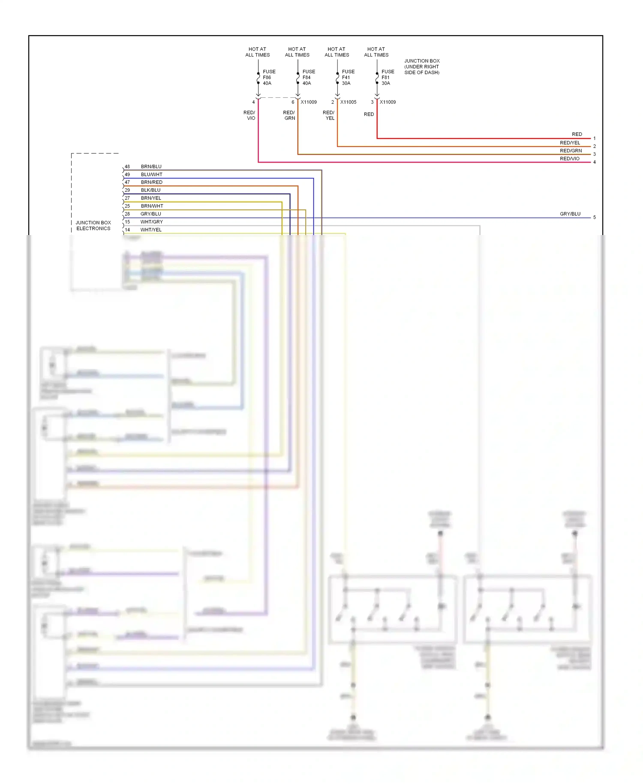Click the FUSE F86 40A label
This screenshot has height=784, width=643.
point(269,78)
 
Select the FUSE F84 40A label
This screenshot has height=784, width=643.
point(308,78)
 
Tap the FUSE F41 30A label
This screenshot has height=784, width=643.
point(348,78)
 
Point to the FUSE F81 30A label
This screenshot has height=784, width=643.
point(388,78)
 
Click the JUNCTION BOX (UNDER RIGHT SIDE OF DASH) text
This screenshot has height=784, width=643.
point(422,67)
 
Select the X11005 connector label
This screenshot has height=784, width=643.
point(348,102)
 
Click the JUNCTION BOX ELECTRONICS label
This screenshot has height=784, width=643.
point(93,226)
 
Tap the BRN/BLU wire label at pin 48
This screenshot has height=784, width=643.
point(151,166)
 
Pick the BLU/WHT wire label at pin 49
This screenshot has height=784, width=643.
point(151,175)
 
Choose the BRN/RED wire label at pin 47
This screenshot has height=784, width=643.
point(151,182)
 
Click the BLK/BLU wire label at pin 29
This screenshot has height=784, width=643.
point(150,190)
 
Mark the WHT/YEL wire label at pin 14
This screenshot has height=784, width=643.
point(151,230)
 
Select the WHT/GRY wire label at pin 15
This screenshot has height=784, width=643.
point(151,222)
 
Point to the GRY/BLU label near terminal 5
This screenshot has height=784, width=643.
point(570,214)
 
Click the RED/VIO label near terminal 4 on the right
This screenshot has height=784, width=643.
point(569,159)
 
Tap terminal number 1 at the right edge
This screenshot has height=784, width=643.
point(594,139)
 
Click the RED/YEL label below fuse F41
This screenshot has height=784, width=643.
point(329,115)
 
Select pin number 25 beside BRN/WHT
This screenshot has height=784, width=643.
point(127,206)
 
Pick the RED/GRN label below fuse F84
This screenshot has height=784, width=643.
point(289,115)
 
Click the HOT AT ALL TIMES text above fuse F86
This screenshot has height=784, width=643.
point(257,52)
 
